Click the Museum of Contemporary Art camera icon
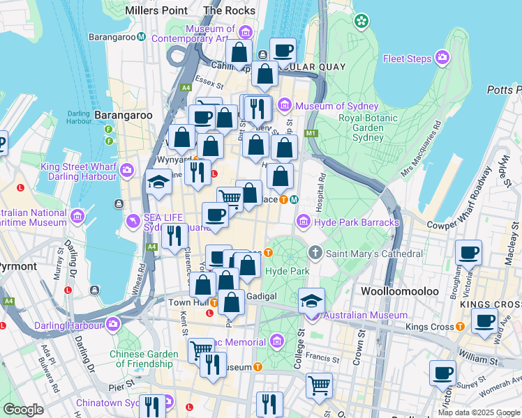coord(245,32)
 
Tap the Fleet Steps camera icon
coord(442,58)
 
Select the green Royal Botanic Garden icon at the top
coord(361,22)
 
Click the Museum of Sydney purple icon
coord(284,105)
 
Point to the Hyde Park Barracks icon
coord(304,222)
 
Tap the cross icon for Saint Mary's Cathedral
coord(315,253)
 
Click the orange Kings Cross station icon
coord(460,326)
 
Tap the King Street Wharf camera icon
coord(127,169)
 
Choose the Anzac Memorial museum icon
coord(277,341)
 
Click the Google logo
coord(23,410)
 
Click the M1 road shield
coord(311,133)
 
